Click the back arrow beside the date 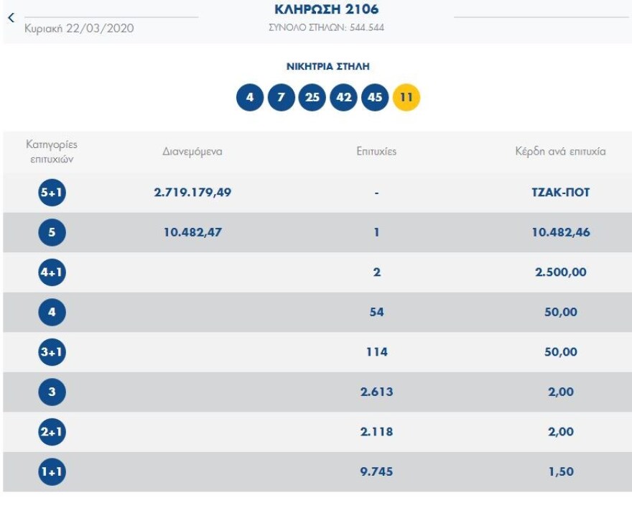click(11, 18)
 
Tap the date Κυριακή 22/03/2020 click(79, 28)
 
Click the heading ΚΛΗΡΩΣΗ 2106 click(327, 10)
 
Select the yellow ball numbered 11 click(406, 97)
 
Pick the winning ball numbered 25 click(312, 97)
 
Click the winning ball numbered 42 click(344, 97)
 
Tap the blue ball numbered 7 click(282, 97)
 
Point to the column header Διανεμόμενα click(192, 152)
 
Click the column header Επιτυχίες click(376, 152)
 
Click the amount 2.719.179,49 click(192, 193)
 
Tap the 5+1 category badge click(52, 193)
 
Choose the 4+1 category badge click(52, 272)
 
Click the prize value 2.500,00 click(561, 272)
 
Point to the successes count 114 click(376, 352)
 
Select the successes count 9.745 click(376, 471)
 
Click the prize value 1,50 click(561, 471)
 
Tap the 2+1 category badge click(52, 432)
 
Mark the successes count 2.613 click(376, 392)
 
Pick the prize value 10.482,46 click(561, 233)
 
